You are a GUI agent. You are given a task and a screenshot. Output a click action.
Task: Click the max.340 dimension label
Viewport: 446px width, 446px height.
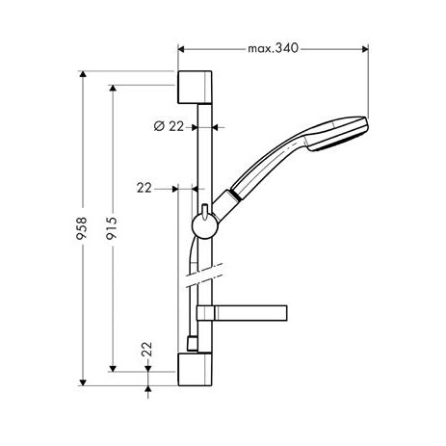(x=273, y=48)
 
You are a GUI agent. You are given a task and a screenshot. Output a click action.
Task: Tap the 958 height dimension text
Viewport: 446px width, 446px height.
(x=82, y=228)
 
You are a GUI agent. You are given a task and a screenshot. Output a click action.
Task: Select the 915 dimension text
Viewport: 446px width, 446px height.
(x=112, y=228)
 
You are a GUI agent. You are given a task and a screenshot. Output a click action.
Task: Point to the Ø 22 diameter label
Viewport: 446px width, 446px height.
(x=169, y=126)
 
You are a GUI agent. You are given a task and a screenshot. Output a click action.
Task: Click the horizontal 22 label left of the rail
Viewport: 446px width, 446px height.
(x=144, y=188)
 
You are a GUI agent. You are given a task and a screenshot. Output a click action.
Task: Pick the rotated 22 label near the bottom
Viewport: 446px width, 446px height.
(x=146, y=349)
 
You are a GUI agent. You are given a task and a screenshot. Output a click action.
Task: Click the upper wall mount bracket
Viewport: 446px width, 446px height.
(x=195, y=87)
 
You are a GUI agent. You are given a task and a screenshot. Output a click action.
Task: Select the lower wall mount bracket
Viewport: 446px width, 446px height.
(x=195, y=369)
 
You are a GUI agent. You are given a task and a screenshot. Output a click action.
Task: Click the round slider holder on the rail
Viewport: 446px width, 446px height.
(x=205, y=226)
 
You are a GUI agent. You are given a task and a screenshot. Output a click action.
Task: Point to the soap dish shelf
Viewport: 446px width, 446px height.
(x=242, y=313)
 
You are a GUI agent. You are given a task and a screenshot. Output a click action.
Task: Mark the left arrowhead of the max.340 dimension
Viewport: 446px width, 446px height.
(x=181, y=49)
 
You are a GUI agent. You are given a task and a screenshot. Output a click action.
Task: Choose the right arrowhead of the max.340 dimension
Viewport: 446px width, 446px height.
(x=365, y=49)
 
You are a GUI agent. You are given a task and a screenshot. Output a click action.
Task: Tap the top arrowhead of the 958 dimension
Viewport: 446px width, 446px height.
(x=83, y=74)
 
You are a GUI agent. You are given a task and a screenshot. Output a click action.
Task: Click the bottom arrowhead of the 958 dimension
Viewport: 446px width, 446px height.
(x=83, y=382)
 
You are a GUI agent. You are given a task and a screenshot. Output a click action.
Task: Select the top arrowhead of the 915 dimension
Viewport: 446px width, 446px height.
(x=113, y=89)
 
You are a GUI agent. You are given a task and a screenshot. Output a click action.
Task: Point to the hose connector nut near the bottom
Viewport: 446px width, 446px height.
(x=192, y=344)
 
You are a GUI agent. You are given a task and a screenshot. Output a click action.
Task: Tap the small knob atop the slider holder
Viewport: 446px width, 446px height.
(x=205, y=211)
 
